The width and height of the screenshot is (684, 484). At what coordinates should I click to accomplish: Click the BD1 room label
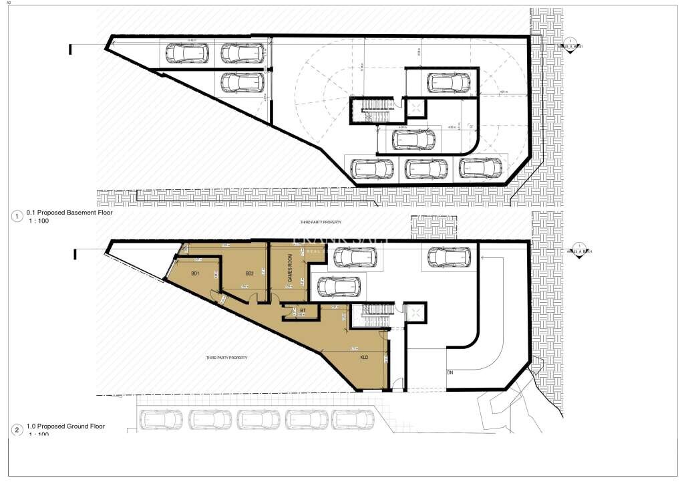[196, 273]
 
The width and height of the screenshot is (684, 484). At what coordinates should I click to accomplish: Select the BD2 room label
[250, 273]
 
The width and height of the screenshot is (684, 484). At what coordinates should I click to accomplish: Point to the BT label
[303, 311]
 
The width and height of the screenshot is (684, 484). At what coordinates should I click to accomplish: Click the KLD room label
[364, 357]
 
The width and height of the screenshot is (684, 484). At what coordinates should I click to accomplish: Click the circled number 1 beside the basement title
[17, 216]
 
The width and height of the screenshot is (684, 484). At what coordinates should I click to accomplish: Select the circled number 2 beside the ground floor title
[17, 430]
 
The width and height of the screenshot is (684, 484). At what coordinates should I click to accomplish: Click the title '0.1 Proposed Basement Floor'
[69, 213]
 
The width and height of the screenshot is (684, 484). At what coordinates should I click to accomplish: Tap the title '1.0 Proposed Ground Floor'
[65, 426]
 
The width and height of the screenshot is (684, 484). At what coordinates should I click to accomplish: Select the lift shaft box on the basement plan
[416, 108]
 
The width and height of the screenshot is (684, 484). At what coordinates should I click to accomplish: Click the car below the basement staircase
[413, 140]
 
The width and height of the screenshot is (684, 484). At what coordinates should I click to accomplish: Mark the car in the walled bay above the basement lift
[448, 82]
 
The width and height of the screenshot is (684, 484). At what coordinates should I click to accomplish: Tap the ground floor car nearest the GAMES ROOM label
[341, 286]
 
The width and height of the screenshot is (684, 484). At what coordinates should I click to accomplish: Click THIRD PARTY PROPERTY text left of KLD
[226, 358]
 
